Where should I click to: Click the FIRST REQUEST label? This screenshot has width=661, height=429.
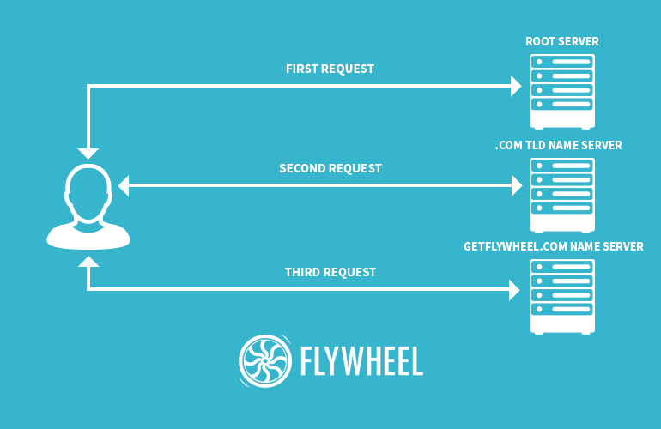tap(330, 69)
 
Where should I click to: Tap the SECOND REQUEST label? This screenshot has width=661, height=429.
tap(330, 168)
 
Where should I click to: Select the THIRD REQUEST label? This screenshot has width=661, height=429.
tap(330, 272)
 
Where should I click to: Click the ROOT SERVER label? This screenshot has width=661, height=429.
tap(562, 42)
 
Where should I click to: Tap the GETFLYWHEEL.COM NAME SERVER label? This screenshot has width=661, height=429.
tap(554, 247)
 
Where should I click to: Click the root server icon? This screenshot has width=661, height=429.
tap(562, 90)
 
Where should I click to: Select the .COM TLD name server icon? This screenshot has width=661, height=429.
tap(562, 195)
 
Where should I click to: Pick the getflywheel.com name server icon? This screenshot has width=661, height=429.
tap(562, 296)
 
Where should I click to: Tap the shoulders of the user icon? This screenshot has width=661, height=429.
tap(88, 235)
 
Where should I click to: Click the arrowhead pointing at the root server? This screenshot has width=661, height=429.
tap(516, 86)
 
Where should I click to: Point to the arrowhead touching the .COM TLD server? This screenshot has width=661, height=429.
tap(516, 185)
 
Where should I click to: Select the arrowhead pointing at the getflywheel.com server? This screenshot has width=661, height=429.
tap(516, 290)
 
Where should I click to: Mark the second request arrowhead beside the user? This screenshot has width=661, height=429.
tap(124, 185)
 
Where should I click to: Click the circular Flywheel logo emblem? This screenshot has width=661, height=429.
tap(265, 361)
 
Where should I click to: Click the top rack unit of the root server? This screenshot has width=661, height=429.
tap(562, 63)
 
